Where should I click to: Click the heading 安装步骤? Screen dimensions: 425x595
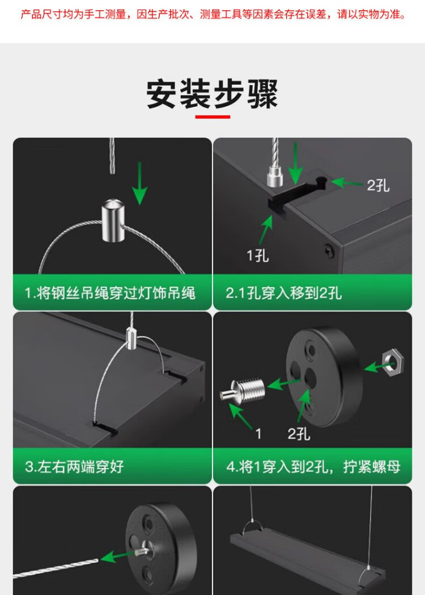212,94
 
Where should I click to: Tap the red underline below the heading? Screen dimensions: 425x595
212,116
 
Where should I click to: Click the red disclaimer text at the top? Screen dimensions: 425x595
213,15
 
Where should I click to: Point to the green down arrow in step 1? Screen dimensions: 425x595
140,183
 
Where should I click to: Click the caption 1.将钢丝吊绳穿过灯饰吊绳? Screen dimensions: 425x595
110,293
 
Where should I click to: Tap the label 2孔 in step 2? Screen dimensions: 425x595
378,185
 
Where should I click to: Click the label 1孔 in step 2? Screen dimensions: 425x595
258,255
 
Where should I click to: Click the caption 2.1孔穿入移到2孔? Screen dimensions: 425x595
284,293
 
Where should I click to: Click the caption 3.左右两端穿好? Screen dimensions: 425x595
74,466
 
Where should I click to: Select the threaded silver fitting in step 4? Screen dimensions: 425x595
243,391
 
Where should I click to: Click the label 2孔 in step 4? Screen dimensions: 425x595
299,433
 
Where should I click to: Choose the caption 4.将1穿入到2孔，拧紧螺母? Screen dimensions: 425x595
313,466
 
